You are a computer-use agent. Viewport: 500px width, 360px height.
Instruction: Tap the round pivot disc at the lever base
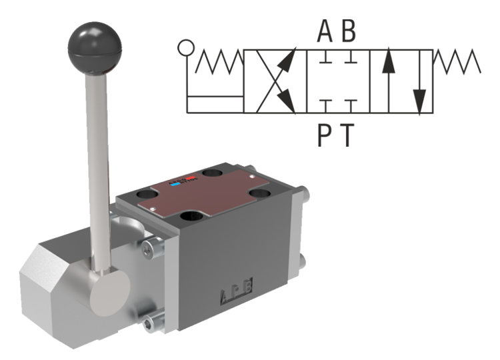[110, 288]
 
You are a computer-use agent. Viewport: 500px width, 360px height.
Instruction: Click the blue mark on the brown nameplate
[176, 181]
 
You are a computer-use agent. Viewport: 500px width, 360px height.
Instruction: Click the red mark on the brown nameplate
[191, 179]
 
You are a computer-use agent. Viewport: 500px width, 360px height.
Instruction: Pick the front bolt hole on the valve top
[194, 216]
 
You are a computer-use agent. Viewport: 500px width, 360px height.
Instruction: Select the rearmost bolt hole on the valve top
[213, 173]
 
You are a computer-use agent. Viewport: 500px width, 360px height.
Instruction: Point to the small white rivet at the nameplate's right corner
[248, 179]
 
